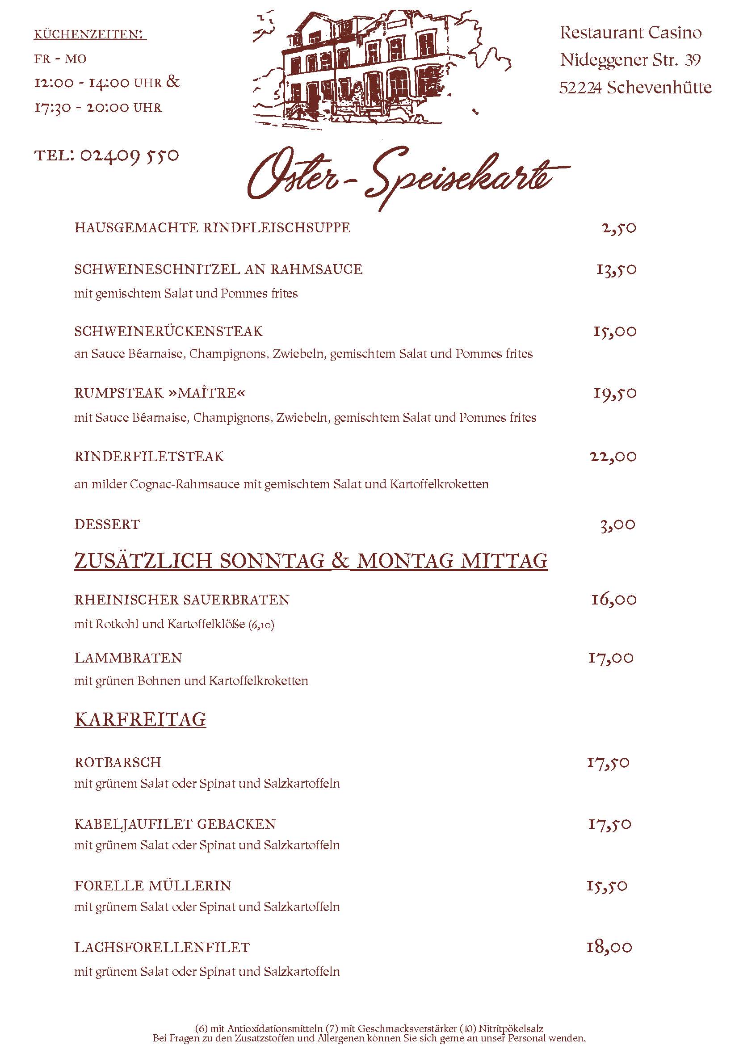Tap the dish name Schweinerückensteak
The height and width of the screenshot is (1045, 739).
168,331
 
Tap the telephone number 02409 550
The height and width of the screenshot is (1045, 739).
129,155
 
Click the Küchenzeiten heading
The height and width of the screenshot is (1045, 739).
90,34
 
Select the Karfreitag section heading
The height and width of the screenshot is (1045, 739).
140,720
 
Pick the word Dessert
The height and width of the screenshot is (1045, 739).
107,525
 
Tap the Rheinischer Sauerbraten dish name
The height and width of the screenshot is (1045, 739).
182,600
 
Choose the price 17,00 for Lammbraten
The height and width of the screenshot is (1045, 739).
611,658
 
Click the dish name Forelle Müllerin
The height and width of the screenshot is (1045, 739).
153,885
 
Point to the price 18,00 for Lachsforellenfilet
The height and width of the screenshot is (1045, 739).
609,947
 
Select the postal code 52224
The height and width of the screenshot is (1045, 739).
581,88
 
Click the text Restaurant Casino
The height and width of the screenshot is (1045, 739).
631,33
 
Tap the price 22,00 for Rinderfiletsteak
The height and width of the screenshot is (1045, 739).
613,457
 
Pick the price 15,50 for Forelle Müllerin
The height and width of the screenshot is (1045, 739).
607,885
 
